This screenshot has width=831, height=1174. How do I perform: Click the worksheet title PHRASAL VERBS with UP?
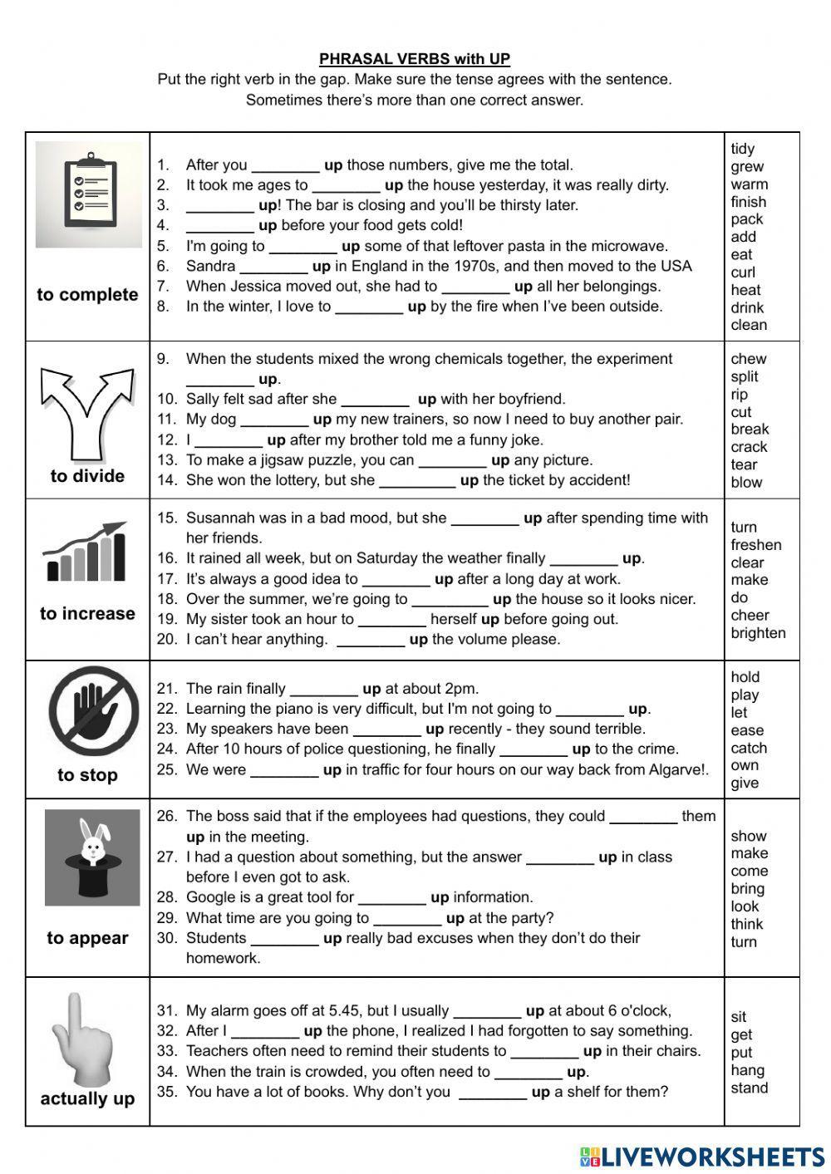(415, 59)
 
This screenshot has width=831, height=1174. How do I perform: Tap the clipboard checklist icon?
(89, 194)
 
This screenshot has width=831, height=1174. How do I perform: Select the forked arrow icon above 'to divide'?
(86, 412)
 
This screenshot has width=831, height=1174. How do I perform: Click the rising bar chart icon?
(86, 552)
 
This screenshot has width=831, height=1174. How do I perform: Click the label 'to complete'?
(87, 295)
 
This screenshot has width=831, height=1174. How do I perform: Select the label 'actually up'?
(87, 1098)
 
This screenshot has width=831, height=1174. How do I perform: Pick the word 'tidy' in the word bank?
(742, 149)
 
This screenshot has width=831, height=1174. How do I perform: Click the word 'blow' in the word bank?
(746, 482)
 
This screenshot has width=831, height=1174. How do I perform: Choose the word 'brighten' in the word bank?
(758, 632)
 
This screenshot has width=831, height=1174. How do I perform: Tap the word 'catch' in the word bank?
(748, 748)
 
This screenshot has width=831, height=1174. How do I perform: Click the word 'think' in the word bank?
(746, 924)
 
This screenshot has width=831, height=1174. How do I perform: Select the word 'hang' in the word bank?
(747, 1070)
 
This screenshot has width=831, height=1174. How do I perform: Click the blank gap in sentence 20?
(371, 640)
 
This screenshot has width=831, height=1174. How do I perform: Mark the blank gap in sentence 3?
(219, 205)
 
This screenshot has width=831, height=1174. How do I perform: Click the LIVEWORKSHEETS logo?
(702, 1156)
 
